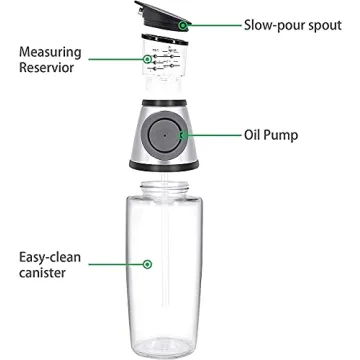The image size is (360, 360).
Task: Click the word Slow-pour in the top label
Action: [x=262, y=20]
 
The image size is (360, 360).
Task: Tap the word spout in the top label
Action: [x=321, y=20]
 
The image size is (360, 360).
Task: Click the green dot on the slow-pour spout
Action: [x=182, y=21]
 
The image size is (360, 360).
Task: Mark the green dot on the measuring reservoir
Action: [x=150, y=60]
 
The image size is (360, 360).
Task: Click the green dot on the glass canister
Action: [x=148, y=264]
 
